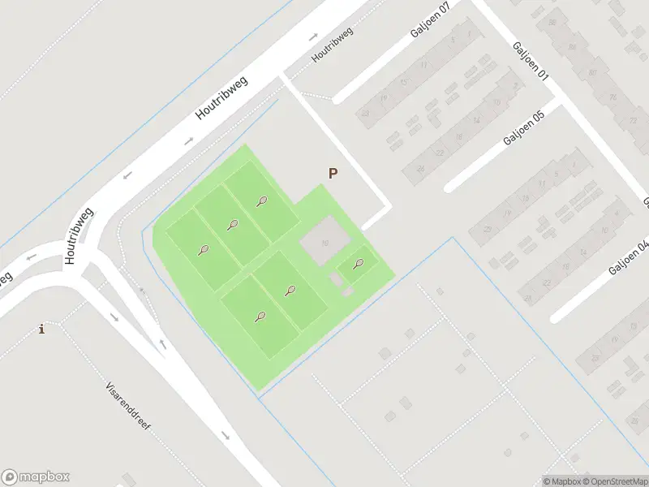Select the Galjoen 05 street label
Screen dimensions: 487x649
pyautogui.click(x=523, y=127)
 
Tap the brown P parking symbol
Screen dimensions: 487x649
pyautogui.click(x=332, y=173)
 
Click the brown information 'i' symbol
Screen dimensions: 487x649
pyautogui.click(x=41, y=329)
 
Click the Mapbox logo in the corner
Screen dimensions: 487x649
pyautogui.click(x=36, y=477)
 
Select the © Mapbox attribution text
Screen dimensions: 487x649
pyautogui.click(x=562, y=481)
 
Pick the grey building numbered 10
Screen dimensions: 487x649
pyautogui.click(x=325, y=242)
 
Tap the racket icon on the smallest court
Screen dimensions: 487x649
pyautogui.click(x=359, y=263)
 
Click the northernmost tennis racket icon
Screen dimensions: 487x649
pyautogui.click(x=261, y=201)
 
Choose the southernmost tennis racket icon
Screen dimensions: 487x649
pyautogui.click(x=260, y=317)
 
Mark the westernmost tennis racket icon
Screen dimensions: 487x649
pyautogui.click(x=203, y=250)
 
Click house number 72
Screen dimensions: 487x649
pyautogui.click(x=633, y=120)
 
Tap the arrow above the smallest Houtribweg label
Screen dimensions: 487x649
pyautogui.click(x=313, y=37)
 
